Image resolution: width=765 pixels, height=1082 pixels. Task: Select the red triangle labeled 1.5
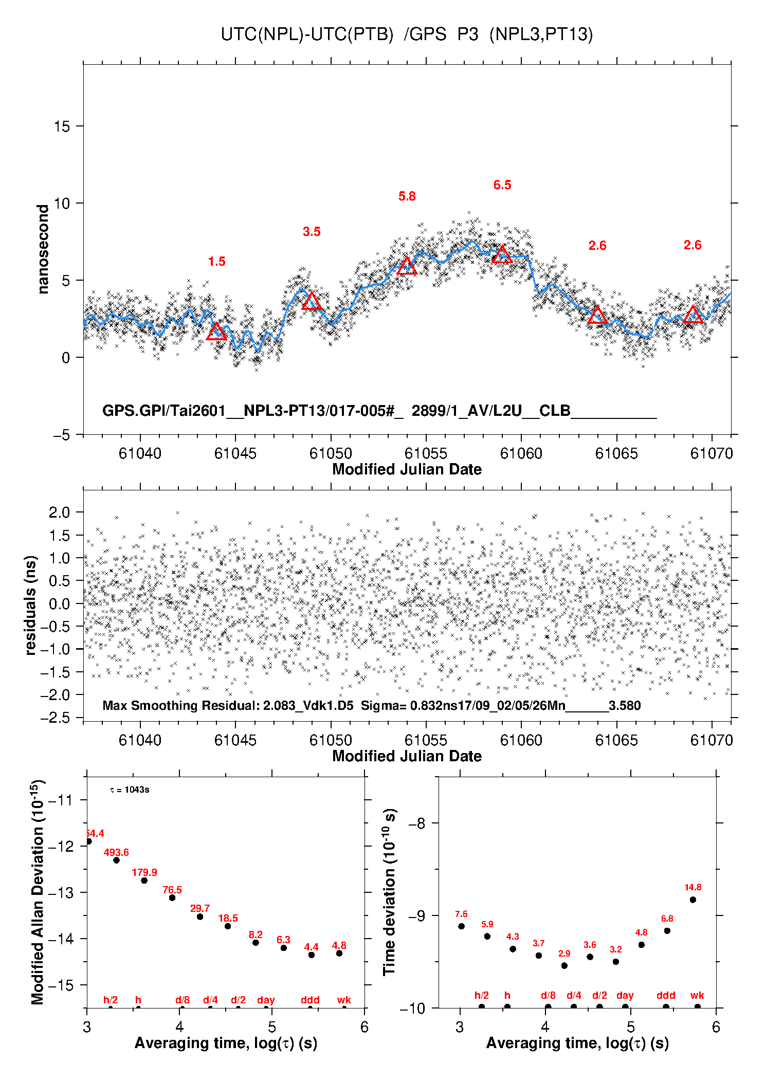pos(216,332)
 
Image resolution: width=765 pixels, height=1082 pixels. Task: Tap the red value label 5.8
pos(407,196)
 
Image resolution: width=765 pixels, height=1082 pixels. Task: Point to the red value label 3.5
pos(312,232)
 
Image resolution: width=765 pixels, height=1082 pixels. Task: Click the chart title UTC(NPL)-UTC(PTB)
pos(307,34)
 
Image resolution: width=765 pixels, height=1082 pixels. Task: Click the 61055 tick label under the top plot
pos(426,453)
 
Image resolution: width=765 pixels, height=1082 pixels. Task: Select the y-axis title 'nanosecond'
pos(43,249)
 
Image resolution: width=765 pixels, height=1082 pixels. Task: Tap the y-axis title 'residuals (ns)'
pos(31,605)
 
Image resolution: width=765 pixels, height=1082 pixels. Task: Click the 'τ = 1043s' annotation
pos(130,790)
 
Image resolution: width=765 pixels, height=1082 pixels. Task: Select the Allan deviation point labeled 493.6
pos(116,860)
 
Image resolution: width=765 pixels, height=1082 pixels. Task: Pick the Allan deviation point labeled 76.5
pos(172,897)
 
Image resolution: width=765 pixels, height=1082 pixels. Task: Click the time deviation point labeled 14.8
pos(693,900)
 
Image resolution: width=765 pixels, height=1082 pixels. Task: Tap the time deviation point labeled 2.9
pos(564,966)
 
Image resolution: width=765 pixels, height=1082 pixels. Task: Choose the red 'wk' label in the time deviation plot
pos(697,996)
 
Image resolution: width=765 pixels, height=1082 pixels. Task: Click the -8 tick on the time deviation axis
pos(417,823)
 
